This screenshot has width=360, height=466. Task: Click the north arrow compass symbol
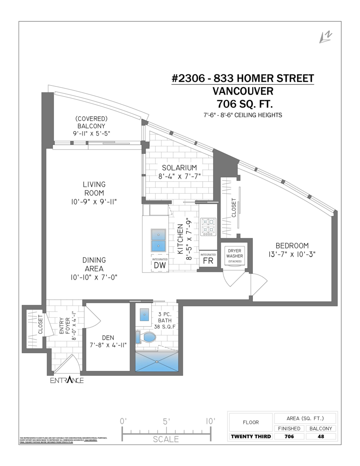tap(325, 37)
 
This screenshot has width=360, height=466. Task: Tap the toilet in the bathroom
tap(146, 337)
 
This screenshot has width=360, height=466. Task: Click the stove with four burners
tap(208, 227)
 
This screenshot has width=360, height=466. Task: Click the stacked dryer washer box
tap(235, 256)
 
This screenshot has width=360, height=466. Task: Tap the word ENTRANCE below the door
tap(67, 380)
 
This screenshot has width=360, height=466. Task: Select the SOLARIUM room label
tap(179, 168)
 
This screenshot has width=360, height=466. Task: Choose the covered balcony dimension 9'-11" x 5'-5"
tap(92, 134)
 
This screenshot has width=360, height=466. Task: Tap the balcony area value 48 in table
tap(320, 436)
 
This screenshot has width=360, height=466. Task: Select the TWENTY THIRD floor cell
tap(251, 436)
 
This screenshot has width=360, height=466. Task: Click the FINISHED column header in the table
tap(289, 428)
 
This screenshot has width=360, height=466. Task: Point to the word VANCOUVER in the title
tap(243, 91)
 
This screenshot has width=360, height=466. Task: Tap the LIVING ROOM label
tap(94, 188)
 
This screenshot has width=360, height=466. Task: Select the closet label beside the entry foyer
tap(40, 324)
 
